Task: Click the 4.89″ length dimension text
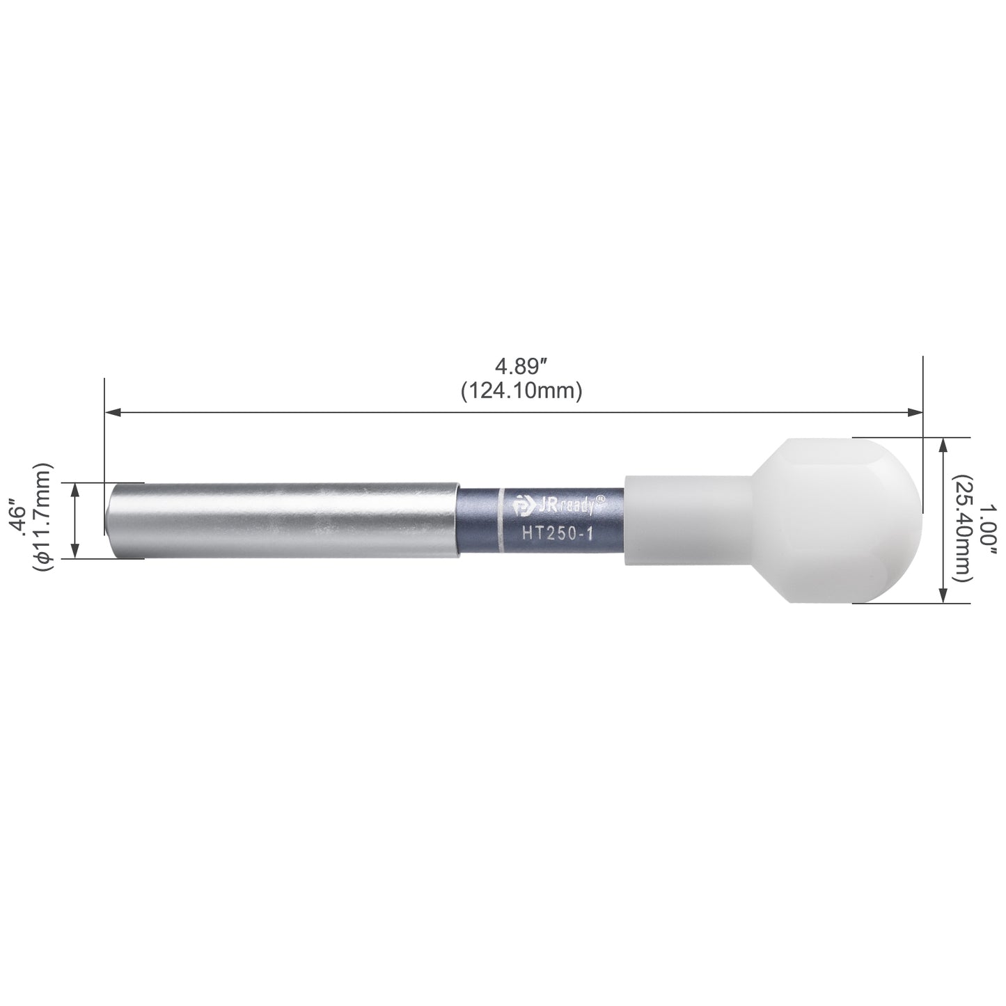[521, 367]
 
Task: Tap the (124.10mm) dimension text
[521, 391]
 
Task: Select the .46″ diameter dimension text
[19, 520]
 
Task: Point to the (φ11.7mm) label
[42, 517]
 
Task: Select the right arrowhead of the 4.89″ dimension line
[914, 413]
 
